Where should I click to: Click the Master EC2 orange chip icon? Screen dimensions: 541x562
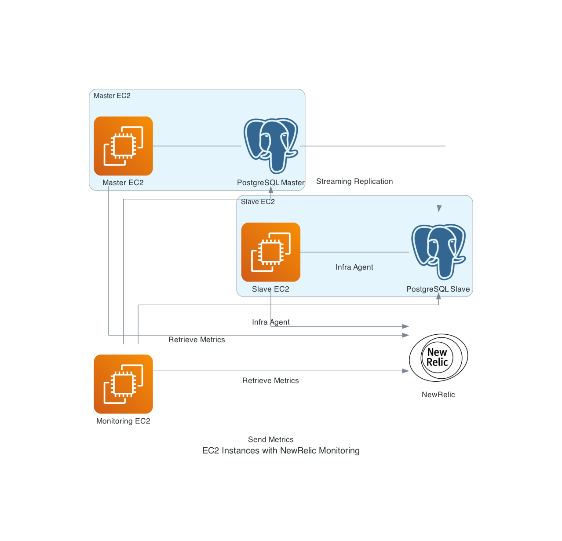123,146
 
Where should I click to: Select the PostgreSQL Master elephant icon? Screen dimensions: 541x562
271,145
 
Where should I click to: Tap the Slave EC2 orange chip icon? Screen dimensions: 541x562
271,252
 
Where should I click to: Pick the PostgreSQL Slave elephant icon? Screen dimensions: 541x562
438,252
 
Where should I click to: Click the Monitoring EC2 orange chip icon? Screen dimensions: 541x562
123,384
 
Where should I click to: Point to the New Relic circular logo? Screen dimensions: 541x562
438,357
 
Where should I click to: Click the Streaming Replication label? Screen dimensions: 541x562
354,181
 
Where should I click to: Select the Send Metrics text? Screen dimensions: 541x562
270,439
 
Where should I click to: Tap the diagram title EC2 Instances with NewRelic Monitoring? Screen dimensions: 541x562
281,450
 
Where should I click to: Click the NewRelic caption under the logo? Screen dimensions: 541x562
438,395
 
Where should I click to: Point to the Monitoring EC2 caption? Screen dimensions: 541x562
123,421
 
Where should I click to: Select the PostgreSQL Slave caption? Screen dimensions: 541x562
438,289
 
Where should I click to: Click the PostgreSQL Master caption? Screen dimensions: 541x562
270,183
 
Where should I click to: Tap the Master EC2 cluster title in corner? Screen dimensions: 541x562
112,96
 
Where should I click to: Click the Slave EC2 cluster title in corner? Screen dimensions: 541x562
258,202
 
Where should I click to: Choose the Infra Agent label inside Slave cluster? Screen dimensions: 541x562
354,267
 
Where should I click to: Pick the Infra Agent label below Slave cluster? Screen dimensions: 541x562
270,322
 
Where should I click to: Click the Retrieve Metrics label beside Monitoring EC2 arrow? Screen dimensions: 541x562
270,380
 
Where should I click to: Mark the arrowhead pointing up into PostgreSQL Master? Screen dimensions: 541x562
271,190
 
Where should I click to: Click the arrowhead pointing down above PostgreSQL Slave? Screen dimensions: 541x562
439,208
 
